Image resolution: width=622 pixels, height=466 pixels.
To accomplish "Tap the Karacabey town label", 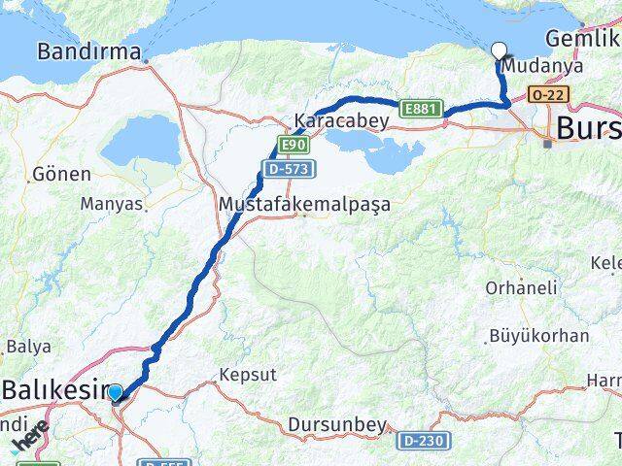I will [x=341, y=121].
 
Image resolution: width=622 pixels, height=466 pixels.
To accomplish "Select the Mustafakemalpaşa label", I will [x=304, y=205].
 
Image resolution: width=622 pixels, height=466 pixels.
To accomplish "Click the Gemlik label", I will [x=581, y=38].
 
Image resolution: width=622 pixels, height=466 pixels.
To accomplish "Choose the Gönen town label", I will [x=61, y=174].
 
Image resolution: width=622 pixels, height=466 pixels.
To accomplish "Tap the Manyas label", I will [x=112, y=205].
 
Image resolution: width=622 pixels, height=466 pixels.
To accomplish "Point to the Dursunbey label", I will [x=337, y=424].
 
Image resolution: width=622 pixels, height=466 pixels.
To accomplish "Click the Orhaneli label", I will [x=522, y=288].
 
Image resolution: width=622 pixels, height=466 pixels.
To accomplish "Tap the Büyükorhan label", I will [x=540, y=336].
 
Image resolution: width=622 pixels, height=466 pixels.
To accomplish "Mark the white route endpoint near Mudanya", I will [x=499, y=51].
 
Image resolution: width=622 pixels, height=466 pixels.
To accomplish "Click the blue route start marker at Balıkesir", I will [x=116, y=392].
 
